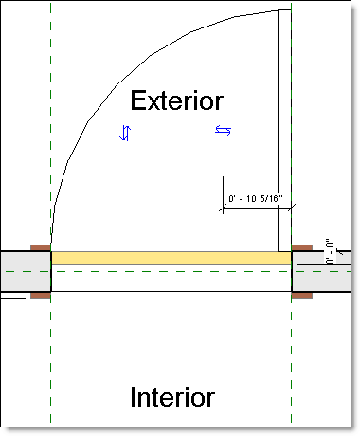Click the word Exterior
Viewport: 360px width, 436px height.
point(177,100)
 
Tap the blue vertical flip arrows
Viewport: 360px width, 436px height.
point(124,133)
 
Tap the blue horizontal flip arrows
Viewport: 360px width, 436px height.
point(223,130)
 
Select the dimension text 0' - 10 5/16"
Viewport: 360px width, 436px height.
point(256,200)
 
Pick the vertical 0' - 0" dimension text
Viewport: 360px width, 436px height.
point(330,250)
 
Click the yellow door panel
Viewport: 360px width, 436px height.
point(171,258)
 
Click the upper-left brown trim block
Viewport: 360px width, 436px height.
point(40,248)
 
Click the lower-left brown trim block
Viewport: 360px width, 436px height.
point(40,295)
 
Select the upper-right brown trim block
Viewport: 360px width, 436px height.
point(300,248)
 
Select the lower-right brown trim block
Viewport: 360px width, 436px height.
point(300,295)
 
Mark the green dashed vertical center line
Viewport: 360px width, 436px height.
point(171,341)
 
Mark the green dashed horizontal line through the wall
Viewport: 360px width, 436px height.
point(19,270)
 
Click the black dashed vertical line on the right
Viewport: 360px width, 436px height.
point(292,360)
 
